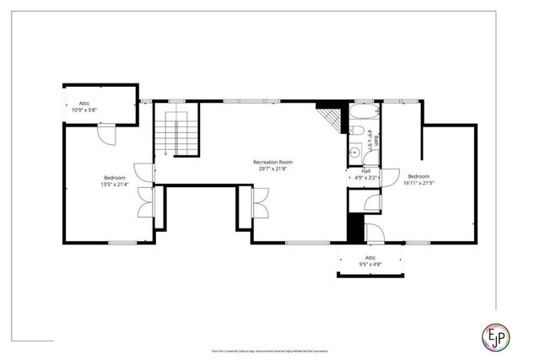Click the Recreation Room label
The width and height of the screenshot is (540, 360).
[x=272, y=161]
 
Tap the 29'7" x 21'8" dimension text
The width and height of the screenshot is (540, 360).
[x=272, y=169]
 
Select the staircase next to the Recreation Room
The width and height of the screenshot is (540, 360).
[x=175, y=132]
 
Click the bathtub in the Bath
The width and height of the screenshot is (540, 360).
[x=364, y=114]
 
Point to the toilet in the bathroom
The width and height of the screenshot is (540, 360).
[x=357, y=132]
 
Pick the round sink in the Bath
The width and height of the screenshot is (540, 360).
[x=355, y=153]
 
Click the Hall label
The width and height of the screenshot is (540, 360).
[x=365, y=170]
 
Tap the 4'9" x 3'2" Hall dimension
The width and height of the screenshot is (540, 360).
[x=365, y=178]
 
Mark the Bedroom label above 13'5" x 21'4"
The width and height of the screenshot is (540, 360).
[x=115, y=177]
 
